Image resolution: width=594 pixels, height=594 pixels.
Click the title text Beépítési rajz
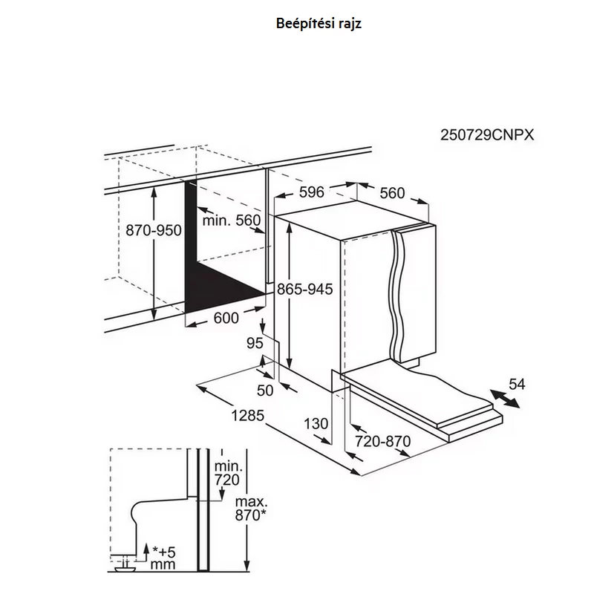coord(319,24)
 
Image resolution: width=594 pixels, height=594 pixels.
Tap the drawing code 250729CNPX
coord(487,135)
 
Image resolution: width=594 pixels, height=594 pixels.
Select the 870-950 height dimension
coord(154,230)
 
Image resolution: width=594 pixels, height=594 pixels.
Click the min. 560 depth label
coord(232,220)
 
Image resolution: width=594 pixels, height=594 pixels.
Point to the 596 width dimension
coord(312,192)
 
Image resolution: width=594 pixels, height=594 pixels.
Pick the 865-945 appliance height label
coord(305,289)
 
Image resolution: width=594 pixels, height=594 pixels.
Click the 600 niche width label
coord(226,318)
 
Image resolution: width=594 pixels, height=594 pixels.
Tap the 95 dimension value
coord(255,343)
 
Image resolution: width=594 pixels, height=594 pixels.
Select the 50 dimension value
coord(265,391)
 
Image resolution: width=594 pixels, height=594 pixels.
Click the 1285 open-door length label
coord(247,416)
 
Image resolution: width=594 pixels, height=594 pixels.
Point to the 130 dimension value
coord(316,423)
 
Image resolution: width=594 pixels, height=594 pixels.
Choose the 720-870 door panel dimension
coord(382,441)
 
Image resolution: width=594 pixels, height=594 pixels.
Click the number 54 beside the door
coord(517,384)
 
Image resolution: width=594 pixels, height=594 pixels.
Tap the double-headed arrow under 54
coord(505,399)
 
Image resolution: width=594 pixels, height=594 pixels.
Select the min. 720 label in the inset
coord(227,473)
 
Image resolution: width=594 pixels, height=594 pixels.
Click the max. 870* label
coord(251,509)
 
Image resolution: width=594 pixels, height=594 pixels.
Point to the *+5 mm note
coord(163,558)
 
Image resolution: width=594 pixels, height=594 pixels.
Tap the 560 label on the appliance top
coord(393,193)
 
